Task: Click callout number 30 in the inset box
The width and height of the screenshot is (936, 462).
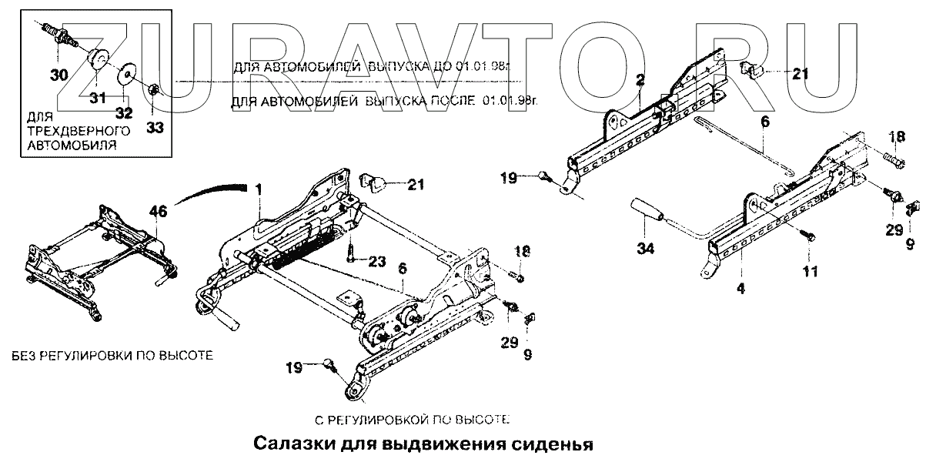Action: coord(59,75)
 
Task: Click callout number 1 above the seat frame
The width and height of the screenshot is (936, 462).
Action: coord(259,189)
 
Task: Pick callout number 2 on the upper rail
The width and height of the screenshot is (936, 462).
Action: coord(640,79)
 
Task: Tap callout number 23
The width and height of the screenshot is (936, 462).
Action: coord(375,261)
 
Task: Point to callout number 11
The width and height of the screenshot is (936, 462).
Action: coord(811,271)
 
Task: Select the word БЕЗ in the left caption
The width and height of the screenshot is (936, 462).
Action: coord(24,356)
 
